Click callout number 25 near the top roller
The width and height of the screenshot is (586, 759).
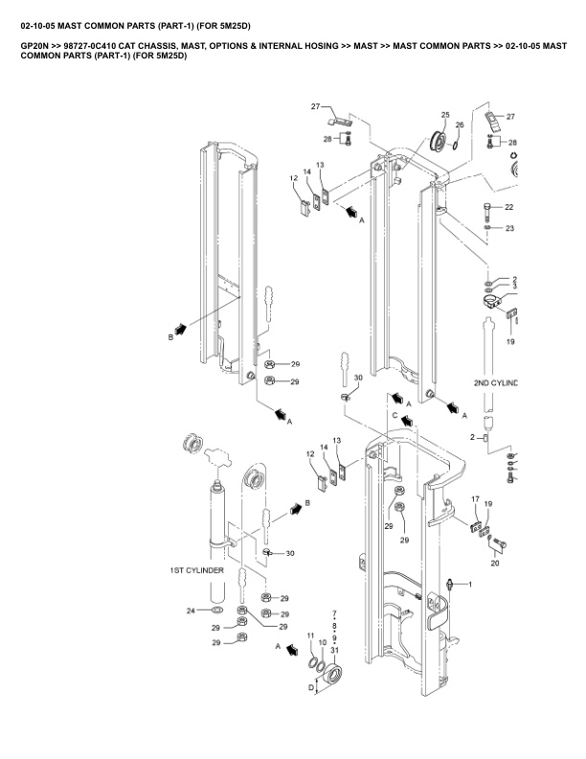click(x=445, y=115)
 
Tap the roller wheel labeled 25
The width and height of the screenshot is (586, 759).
click(x=439, y=141)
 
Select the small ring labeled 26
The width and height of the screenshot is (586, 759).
click(x=457, y=145)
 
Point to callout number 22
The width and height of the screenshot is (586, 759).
click(x=508, y=207)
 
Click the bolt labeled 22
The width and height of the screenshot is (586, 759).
click(x=487, y=211)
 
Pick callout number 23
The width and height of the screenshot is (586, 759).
click(x=509, y=228)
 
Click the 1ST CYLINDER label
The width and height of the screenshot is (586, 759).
click(x=196, y=570)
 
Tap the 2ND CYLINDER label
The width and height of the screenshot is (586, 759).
click(x=496, y=383)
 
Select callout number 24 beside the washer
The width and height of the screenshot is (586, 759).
click(x=191, y=610)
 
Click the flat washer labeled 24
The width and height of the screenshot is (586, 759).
click(x=217, y=609)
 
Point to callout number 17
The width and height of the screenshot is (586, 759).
click(x=475, y=499)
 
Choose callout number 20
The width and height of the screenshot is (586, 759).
click(x=495, y=563)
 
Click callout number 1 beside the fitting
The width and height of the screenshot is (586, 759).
click(x=470, y=585)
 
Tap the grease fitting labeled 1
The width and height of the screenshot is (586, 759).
click(x=451, y=585)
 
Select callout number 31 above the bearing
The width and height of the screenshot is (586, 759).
click(x=334, y=650)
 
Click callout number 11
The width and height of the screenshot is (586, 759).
click(x=311, y=635)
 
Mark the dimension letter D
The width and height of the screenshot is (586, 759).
click(x=311, y=687)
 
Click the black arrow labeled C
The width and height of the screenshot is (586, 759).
click(x=407, y=420)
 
